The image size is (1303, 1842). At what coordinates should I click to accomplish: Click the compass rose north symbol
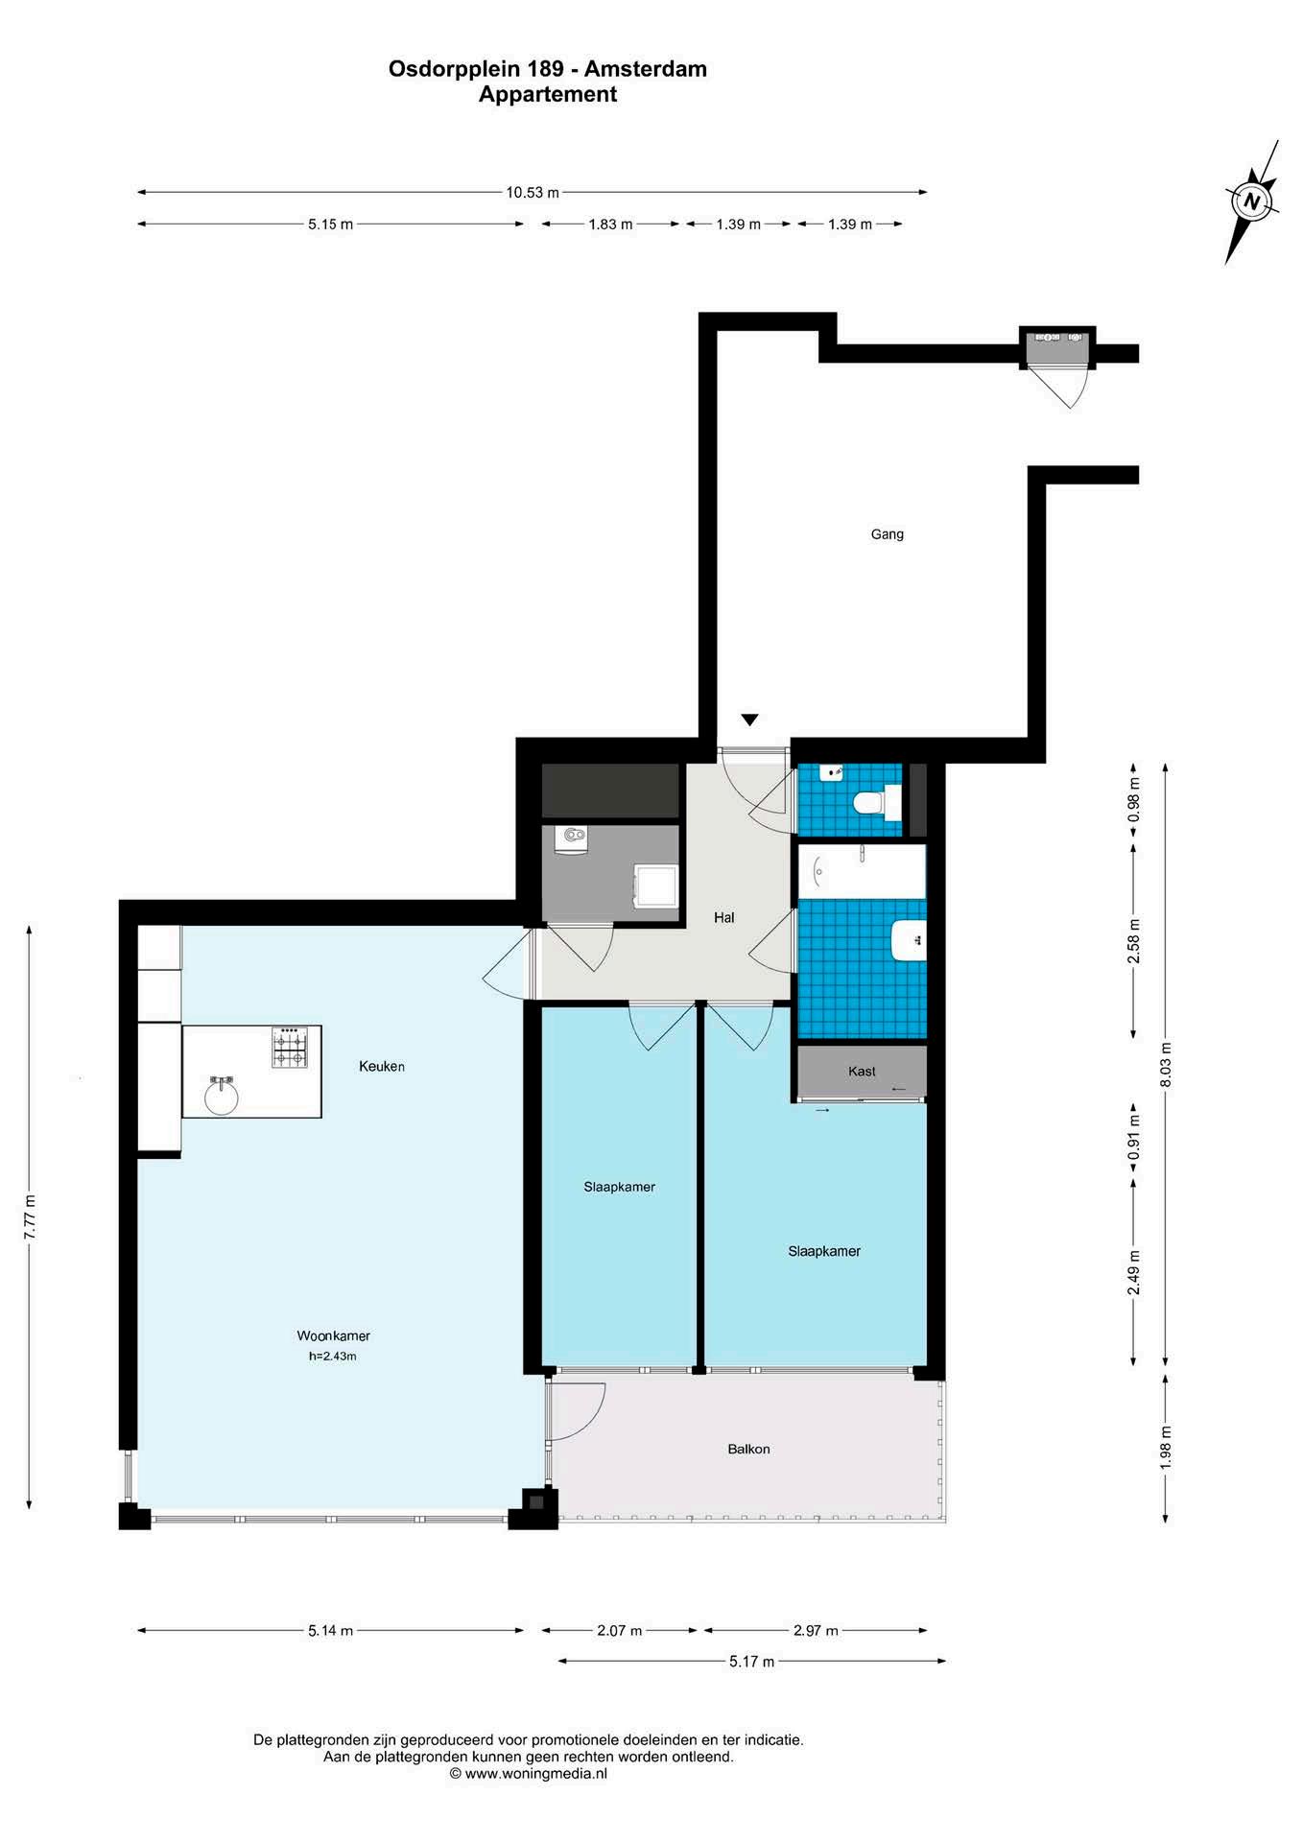click(x=1251, y=201)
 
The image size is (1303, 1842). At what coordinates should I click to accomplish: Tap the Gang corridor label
click(x=887, y=534)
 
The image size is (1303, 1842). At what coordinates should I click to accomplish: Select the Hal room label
click(x=724, y=918)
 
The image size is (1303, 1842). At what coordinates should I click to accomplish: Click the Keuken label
click(x=382, y=1066)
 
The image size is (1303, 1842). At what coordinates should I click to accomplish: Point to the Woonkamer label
click(x=333, y=1335)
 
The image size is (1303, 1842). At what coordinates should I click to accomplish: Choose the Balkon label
click(x=748, y=1449)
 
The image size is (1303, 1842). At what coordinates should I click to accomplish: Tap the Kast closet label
click(x=862, y=1071)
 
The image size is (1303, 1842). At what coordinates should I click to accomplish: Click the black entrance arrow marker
click(x=750, y=720)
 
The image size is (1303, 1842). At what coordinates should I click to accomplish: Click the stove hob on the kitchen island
click(x=291, y=1047)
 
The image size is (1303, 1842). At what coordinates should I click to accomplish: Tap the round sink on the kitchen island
click(x=222, y=1095)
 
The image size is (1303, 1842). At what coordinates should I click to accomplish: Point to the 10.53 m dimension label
click(x=533, y=193)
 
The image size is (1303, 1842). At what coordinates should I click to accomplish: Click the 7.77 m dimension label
click(x=30, y=1217)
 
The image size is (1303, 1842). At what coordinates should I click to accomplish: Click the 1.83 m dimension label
click(x=610, y=224)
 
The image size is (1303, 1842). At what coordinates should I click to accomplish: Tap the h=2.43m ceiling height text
click(x=333, y=1357)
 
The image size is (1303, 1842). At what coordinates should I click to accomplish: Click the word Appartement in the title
click(x=548, y=94)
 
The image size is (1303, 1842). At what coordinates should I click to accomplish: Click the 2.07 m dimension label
click(x=620, y=1630)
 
